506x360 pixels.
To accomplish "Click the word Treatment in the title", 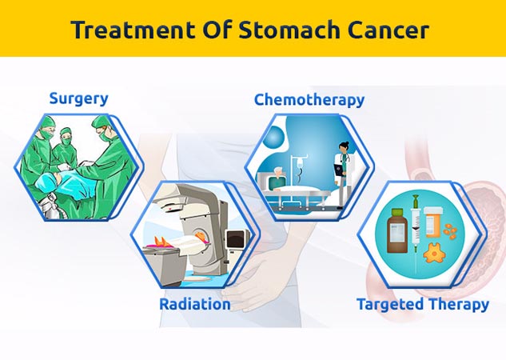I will tap(125, 30).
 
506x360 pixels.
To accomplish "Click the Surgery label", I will tap(78, 98).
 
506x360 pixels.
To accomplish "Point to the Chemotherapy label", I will tap(309, 100).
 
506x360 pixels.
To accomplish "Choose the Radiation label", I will tap(195, 304).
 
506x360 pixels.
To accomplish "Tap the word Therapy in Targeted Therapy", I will tap(460, 305).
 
